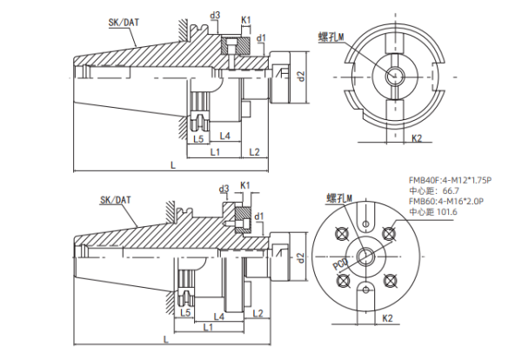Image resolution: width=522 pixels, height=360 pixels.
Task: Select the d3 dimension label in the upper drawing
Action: click(216, 15)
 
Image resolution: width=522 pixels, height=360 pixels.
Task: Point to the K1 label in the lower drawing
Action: click(245, 185)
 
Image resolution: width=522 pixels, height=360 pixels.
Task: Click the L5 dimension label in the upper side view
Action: click(198, 138)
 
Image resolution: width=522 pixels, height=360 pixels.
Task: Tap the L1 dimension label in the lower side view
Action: click(208, 328)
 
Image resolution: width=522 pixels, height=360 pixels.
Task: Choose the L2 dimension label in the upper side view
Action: click(255, 153)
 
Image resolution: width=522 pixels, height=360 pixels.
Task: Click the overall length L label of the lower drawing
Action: click(165, 339)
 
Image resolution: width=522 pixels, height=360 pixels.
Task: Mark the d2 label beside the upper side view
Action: click(300, 77)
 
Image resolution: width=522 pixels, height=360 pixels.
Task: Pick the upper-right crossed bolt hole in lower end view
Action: click(389, 232)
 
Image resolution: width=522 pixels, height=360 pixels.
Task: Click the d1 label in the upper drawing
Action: click(261, 38)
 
